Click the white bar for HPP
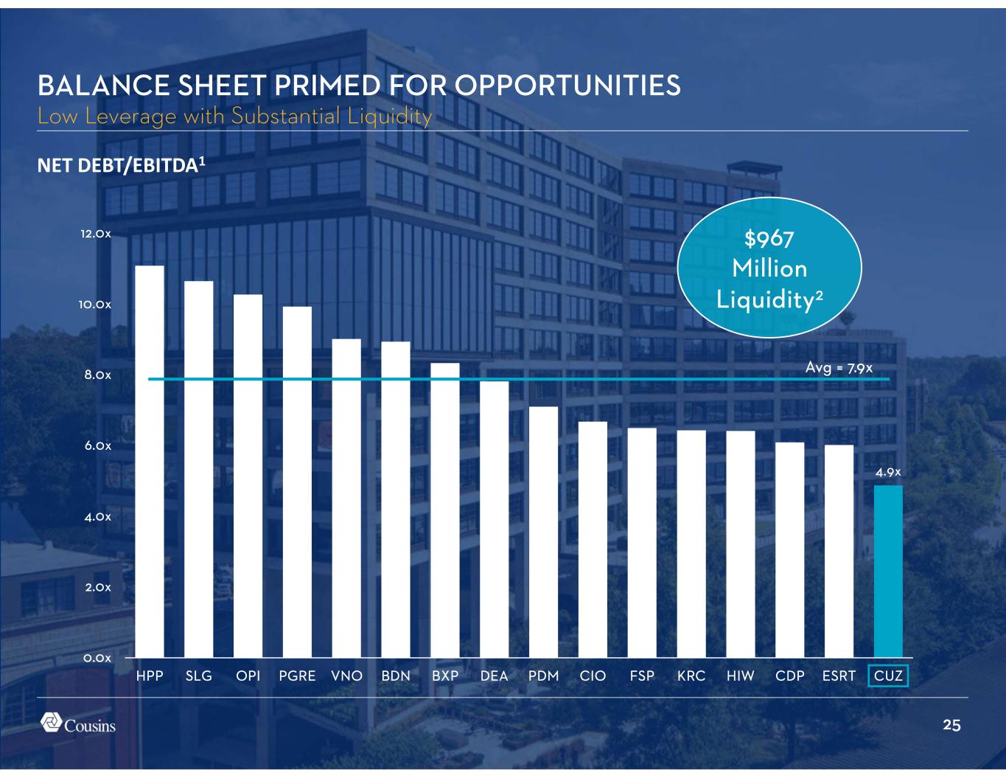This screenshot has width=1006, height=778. click(x=150, y=461)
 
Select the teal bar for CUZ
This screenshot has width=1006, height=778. click(x=888, y=571)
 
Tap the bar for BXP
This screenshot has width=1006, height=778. click(x=445, y=510)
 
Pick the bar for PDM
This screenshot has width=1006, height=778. click(x=543, y=532)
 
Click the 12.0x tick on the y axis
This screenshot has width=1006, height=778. click(x=96, y=235)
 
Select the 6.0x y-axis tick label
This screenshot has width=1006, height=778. click(x=96, y=446)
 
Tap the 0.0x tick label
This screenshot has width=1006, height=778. click(x=96, y=658)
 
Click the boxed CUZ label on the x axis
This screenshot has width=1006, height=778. click(x=888, y=676)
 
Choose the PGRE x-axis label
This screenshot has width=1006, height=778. click(x=297, y=676)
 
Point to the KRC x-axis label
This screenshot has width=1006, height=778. click(x=691, y=676)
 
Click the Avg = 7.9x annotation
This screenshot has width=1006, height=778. click(x=839, y=367)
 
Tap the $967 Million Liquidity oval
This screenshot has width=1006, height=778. click(x=769, y=268)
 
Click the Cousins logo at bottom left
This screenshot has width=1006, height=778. click(x=77, y=724)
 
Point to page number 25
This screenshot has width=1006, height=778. click(x=951, y=726)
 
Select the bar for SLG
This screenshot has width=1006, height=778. click(x=199, y=469)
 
